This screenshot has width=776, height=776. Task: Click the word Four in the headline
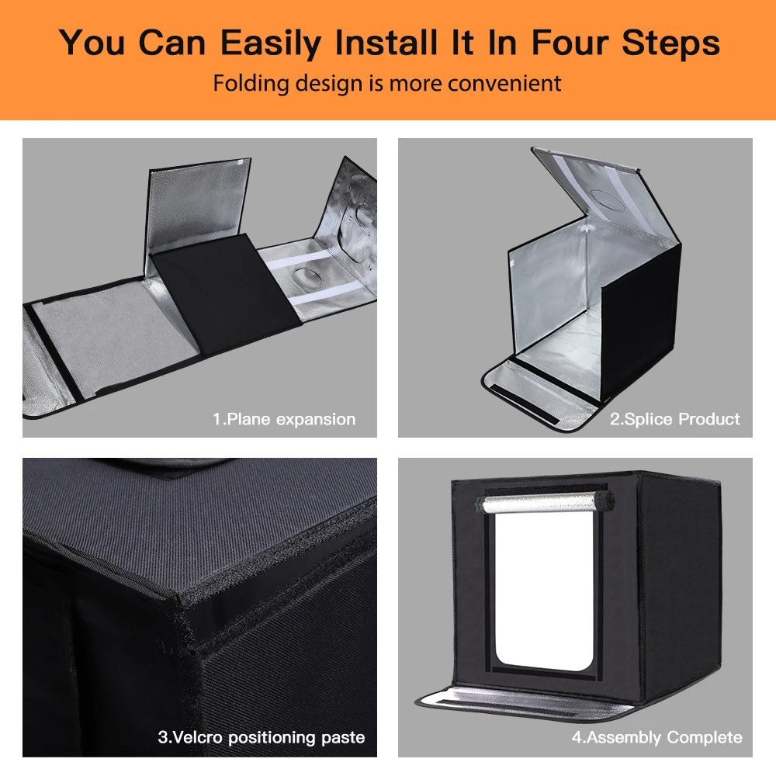coord(569,42)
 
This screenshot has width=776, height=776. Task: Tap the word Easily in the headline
coord(271,43)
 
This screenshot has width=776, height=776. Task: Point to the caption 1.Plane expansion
coord(284,419)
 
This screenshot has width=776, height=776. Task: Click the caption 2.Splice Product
coord(674,419)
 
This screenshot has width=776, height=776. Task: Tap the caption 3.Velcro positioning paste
coord(262,737)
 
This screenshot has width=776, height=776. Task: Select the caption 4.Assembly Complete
coord(656,737)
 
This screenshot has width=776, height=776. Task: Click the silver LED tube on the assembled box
coord(545,503)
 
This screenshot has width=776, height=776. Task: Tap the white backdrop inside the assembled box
coord(545,589)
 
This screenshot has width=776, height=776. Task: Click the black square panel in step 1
coord(226,293)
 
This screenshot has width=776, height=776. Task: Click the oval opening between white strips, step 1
coord(304,278)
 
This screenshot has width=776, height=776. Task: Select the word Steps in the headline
coord(670,43)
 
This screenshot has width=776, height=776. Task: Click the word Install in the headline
coord(386,42)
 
